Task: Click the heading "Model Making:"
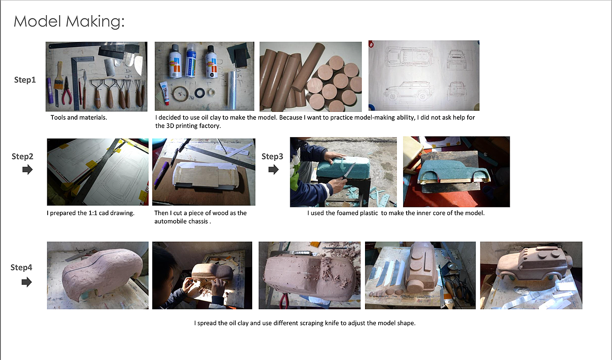point(69,21)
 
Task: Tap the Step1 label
point(25,80)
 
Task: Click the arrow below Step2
point(27,170)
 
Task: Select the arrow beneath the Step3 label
point(274,170)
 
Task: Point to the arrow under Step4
point(27,282)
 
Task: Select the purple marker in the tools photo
point(49,90)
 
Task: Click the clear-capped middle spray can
point(191,60)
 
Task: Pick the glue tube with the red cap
point(164,93)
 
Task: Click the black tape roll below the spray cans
point(200,93)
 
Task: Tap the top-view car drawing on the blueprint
point(409,56)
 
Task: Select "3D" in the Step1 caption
point(170,126)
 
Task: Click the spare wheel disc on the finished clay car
point(569,263)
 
